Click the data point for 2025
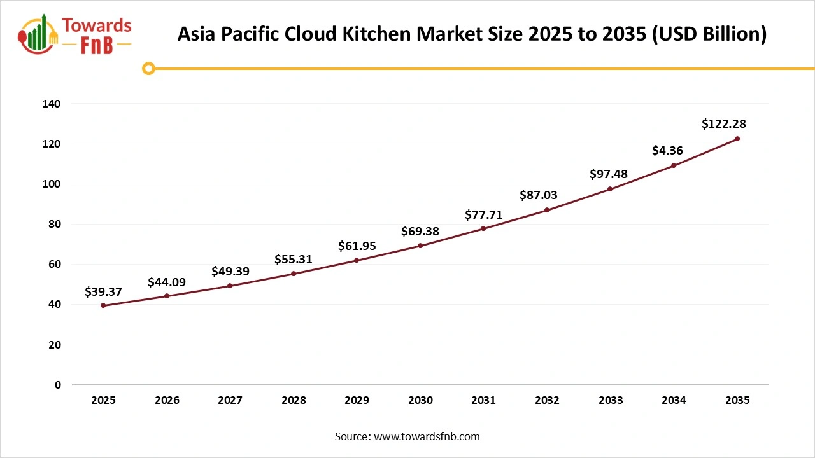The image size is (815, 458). pyautogui.click(x=103, y=305)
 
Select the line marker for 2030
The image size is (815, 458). pyautogui.click(x=420, y=246)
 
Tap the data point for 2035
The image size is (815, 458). pyautogui.click(x=737, y=139)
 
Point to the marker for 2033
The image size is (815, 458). pyautogui.click(x=610, y=189)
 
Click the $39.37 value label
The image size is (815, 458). pyautogui.click(x=103, y=292)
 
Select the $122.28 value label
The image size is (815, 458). pyautogui.click(x=723, y=124)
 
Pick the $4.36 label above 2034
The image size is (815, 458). pyautogui.click(x=668, y=151)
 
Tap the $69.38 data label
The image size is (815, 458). pyautogui.click(x=420, y=232)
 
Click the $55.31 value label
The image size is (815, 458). pyautogui.click(x=294, y=259)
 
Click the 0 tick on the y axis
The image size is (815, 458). pyautogui.click(x=58, y=385)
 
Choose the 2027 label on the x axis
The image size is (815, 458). pyautogui.click(x=230, y=400)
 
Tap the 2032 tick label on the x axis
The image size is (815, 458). pyautogui.click(x=547, y=400)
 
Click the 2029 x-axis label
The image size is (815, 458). pyautogui.click(x=357, y=400)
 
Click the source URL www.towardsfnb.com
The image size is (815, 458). pyautogui.click(x=427, y=436)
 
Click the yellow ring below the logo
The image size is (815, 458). pyautogui.click(x=148, y=68)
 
